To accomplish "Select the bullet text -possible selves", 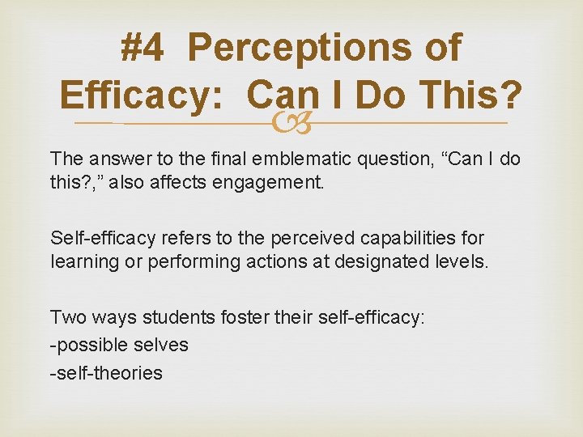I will pos(119,346).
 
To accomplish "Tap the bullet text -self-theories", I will pos(106,372).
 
